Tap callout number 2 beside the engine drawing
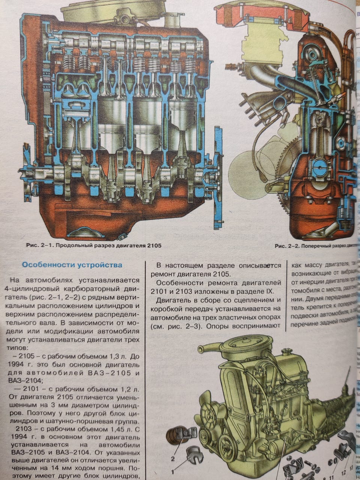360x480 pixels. coord(173,458)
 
